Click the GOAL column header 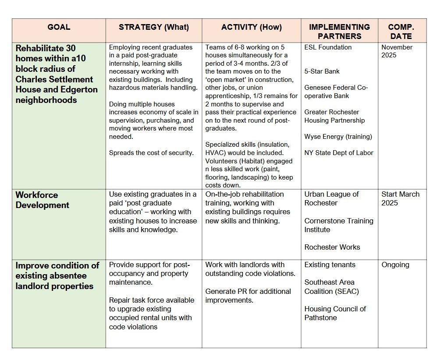click(58, 27)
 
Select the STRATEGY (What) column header click(154, 27)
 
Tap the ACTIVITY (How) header click(252, 27)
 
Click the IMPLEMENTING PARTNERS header click(339, 32)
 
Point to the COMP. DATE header click(401, 32)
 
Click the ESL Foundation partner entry click(328, 47)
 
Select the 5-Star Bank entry click(322, 71)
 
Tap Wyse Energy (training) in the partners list click(338, 137)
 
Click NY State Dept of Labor click(339, 153)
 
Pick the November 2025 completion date click(397, 51)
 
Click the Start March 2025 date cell click(400, 198)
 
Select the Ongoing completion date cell click(395, 265)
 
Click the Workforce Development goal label click(43, 200)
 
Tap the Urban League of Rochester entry click(331, 198)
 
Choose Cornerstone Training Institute click(339, 225)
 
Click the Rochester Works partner click(332, 247)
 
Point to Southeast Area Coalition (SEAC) click(331, 287)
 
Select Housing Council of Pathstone click(335, 313)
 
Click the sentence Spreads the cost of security click(151, 153)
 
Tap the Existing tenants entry click(330, 265)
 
